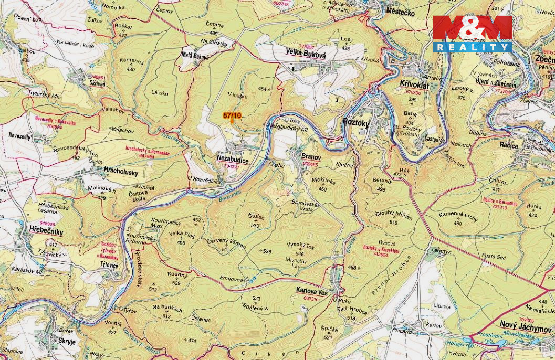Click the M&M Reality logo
(x=472, y=33)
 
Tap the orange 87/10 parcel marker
(x=232, y=117)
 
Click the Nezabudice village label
(x=232, y=157)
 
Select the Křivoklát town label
(x=414, y=84)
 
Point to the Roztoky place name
(x=356, y=122)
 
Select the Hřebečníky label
(x=46, y=231)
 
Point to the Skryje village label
(x=67, y=342)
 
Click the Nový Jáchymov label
(x=526, y=324)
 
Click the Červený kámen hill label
(x=226, y=242)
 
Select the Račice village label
(x=508, y=145)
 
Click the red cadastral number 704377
(x=231, y=167)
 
